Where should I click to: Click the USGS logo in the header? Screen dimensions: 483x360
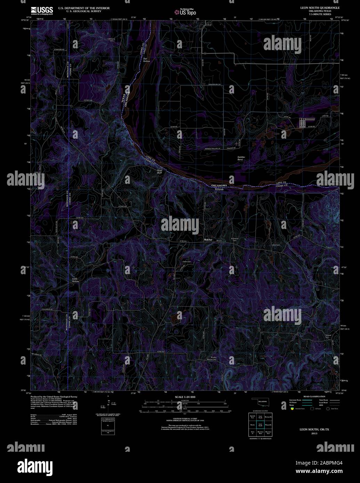click(x=42, y=10)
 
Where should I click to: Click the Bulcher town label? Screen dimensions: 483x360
click(x=208, y=240)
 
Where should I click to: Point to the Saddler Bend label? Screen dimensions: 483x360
click(x=242, y=158)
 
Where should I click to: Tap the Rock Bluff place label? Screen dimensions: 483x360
click(x=160, y=171)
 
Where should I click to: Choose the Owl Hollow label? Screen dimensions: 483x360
click(x=146, y=60)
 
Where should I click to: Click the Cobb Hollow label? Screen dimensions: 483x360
click(x=75, y=280)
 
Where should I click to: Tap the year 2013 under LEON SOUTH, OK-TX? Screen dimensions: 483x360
click(x=314, y=434)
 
